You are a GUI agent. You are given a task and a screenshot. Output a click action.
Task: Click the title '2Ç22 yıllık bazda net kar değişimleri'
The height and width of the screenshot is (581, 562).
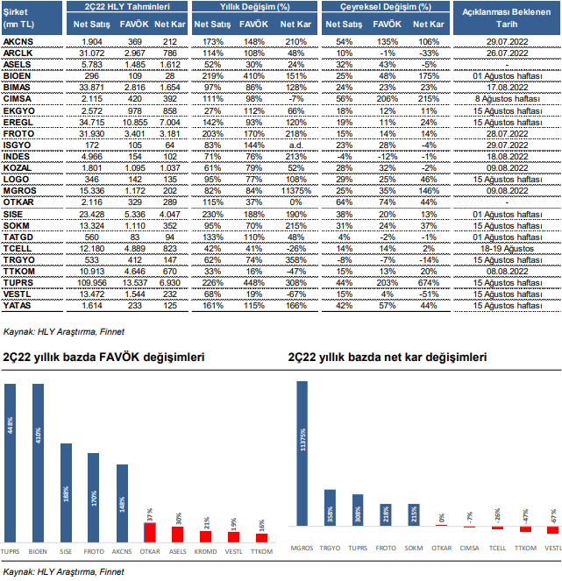tap(386, 359)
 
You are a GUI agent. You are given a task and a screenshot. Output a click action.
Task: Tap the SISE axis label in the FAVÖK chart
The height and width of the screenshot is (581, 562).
tap(67, 554)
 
